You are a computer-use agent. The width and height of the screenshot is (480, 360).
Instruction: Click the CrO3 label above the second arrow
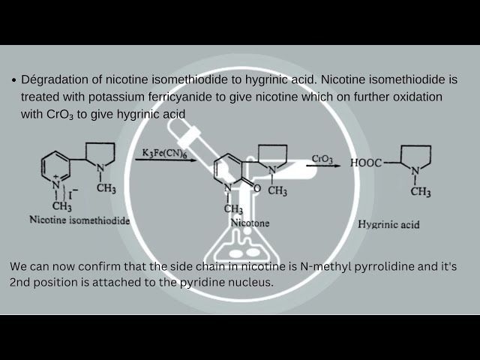322,160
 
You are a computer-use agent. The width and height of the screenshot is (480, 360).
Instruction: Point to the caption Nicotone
250,223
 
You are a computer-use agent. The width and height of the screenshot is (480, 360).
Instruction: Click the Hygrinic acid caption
388,224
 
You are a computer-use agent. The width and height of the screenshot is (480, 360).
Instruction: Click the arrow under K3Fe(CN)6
166,161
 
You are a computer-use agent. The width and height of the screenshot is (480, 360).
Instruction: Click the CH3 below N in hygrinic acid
421,192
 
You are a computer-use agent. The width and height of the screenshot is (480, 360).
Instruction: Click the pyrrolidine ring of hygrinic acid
422,162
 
